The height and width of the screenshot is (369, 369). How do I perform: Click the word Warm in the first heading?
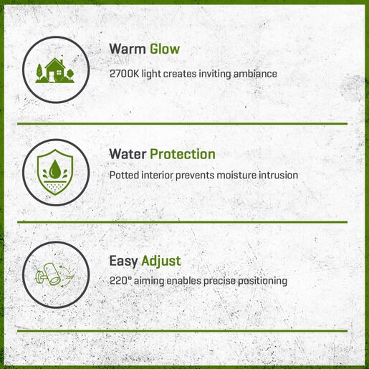[128, 49]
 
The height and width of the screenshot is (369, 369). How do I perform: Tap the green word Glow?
[165, 49]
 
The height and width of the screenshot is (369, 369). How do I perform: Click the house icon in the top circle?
[55, 70]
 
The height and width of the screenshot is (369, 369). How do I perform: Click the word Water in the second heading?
[128, 154]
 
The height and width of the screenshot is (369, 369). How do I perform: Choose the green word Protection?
[183, 154]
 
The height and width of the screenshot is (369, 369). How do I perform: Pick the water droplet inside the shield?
[55, 169]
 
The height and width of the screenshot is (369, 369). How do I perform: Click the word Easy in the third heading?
[123, 261]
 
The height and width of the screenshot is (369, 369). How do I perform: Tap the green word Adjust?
[161, 261]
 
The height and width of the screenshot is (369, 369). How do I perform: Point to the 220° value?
[120, 281]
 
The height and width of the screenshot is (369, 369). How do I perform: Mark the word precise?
[219, 282]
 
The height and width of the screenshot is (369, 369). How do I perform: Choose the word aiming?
[149, 282]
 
